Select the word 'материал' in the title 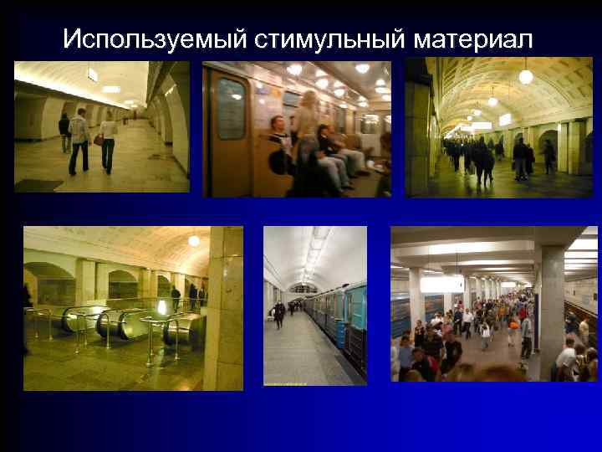(472, 39)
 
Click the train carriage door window (231, 109)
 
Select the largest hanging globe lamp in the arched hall (525, 77)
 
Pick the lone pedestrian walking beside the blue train (279, 315)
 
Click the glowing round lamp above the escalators (194, 241)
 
